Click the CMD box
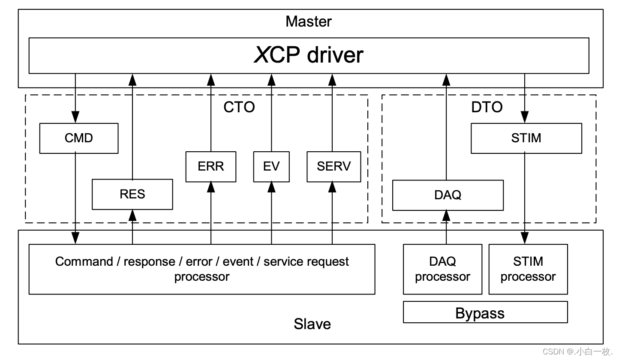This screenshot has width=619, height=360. pos(78,138)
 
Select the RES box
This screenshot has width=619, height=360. pos(132,194)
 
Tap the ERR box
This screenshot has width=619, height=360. pos(210,166)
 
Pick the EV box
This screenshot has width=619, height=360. pos(271,166)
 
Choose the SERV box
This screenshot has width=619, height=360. pos(334,166)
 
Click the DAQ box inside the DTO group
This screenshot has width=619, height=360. pos(448,195)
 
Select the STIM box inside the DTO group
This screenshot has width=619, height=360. pos(526,138)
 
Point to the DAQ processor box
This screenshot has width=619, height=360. pos(442,269)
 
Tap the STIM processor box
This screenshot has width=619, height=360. pos(528,269)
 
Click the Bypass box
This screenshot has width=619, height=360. pos(485,312)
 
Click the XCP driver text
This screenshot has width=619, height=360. pos(309,55)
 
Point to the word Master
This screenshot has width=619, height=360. pos(309,21)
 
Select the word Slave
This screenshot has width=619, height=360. pos(312,324)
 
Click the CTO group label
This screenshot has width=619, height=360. pos(239,107)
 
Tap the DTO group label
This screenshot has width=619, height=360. pos(487,107)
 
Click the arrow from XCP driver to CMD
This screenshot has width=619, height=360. pos(75,99)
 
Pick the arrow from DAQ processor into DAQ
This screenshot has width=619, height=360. pos(446,227)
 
